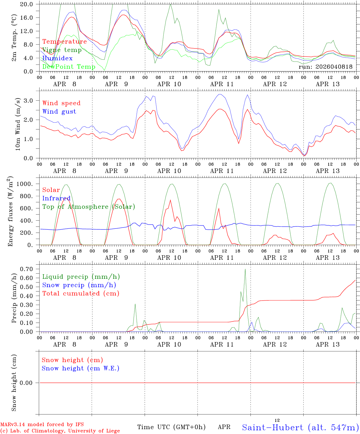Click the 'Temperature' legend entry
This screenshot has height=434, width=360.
pos(65,42)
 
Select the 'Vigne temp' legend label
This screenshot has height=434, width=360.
pos(62,50)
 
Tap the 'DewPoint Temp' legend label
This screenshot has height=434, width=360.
pos(69,67)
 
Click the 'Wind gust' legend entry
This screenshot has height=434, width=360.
pos(59,112)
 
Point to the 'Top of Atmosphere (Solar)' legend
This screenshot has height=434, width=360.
pos(89,207)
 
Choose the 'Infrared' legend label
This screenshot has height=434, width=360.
pos(56,198)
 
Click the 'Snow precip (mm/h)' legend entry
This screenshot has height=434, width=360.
pos(79,285)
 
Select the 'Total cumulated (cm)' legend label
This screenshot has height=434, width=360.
pos(81,293)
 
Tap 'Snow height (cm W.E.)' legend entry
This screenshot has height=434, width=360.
pos(81,368)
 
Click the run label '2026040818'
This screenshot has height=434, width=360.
pos(326,67)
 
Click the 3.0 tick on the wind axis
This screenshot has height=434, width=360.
pos(31,100)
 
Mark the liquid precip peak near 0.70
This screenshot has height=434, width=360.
pos(245,269)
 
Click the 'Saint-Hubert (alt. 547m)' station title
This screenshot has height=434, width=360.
pos(300,427)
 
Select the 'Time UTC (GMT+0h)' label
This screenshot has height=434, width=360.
pos(172,427)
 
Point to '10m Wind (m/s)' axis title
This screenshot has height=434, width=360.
pos(18,124)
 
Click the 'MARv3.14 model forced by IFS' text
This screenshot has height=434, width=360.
pos(42,425)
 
